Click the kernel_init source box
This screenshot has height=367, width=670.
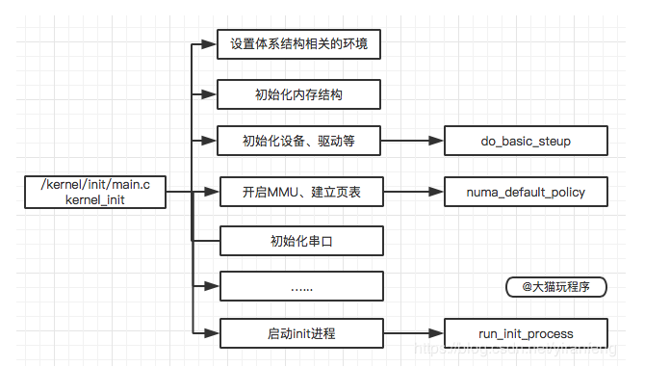coord(94,192)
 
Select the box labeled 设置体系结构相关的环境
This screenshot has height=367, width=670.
coord(299,44)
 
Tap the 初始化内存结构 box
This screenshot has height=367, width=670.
coord(299,94)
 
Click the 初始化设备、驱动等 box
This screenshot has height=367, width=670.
coord(299,143)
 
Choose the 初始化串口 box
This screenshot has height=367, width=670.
coord(302,240)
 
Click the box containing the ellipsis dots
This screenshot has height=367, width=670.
coord(302,286)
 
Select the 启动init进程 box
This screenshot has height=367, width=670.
coord(302,334)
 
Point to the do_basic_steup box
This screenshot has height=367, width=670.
coord(526,142)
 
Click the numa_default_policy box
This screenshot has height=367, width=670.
coord(526,192)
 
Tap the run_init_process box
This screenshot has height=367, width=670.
coord(526,334)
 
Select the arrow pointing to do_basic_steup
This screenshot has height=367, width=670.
coord(413,143)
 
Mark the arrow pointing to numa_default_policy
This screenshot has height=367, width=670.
coord(414,192)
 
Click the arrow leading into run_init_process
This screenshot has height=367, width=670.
coord(414,334)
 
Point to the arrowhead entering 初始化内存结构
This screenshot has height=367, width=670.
coord(210,94)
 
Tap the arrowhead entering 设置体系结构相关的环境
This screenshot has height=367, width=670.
coord(210,44)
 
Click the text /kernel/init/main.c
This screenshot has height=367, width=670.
coord(94,184)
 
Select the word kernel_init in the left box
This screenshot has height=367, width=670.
coord(94,199)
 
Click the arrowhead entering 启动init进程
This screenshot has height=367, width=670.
coord(213,334)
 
